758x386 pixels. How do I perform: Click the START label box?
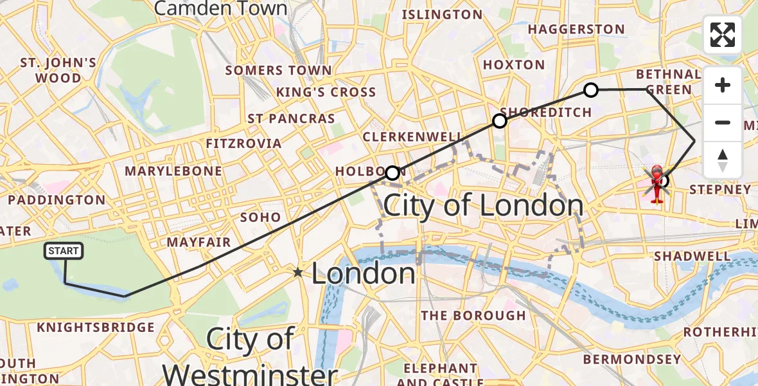pos(64,251)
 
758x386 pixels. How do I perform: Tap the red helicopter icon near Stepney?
pos(657,183)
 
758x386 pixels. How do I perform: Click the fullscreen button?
pos(723,35)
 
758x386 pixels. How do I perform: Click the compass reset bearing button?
pos(723,160)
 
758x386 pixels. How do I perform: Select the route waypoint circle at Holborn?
pos(392,173)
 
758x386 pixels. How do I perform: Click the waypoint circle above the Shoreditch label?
pos(500,121)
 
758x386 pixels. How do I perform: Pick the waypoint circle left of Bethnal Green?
pos(591,90)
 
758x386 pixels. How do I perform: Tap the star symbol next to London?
pos(298,273)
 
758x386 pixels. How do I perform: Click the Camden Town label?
pos(221,9)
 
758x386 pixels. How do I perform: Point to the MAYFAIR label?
pos(198,243)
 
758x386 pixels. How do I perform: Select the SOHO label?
pos(260,217)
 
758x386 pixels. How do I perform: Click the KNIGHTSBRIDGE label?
pos(96,327)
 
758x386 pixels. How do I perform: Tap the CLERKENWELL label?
pos(412,138)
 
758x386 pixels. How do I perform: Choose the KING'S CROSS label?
pos(326,92)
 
